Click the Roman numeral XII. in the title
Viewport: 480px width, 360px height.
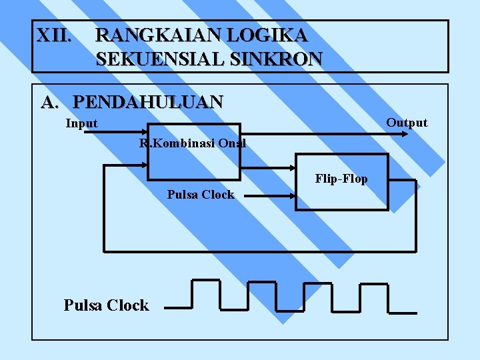click(x=53, y=35)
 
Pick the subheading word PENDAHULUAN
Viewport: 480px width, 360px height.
click(x=148, y=102)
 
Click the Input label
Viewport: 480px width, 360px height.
click(x=81, y=123)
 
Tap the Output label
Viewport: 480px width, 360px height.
click(x=407, y=122)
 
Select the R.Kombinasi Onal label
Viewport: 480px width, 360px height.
click(x=193, y=143)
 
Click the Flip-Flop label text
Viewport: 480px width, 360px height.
click(x=341, y=179)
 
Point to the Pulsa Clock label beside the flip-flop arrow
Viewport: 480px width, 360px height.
click(x=201, y=195)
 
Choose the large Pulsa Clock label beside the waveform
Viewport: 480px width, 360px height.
click(x=106, y=305)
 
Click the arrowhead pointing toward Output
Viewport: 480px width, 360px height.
click(x=405, y=133)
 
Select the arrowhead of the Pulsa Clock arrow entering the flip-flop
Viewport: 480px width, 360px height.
click(x=291, y=196)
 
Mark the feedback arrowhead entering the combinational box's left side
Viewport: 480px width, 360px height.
click(x=142, y=165)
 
